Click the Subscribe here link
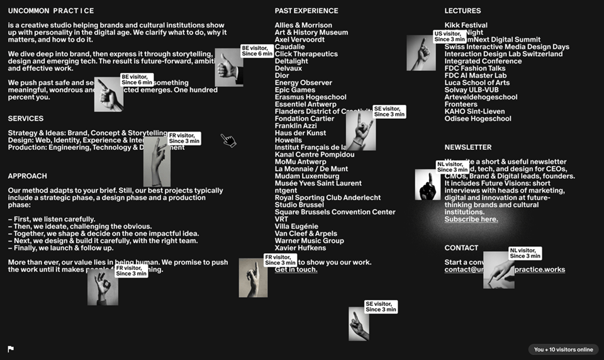pos(471,220)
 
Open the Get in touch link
pos(296,269)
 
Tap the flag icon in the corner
pos(11,349)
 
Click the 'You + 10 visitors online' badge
pos(563,349)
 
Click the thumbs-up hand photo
pos(228,67)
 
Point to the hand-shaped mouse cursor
pos(228,140)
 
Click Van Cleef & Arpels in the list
pos(306,233)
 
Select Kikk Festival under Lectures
pos(466,25)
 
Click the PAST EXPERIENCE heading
pos(306,11)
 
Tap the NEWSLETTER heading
pos(467,147)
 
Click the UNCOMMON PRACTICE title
pos(51,11)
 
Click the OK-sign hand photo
pos(103,288)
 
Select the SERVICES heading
pos(26,118)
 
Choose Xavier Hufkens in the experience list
pos(301,248)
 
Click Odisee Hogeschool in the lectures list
pos(478,118)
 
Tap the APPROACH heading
pos(27,176)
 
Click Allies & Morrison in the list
pos(303,25)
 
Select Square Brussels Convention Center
pos(335,212)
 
